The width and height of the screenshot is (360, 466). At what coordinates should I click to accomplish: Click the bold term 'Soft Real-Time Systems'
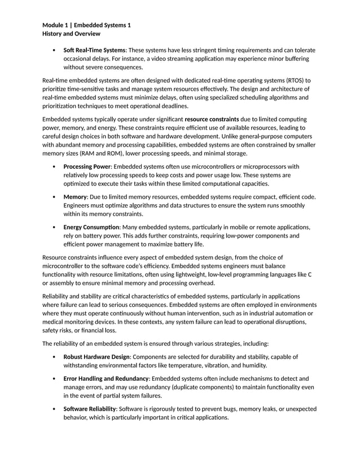[x=94, y=50]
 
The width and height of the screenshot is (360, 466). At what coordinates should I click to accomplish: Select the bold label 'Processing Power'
[x=87, y=166]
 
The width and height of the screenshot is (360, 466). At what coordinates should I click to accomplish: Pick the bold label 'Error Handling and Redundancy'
[x=106, y=378]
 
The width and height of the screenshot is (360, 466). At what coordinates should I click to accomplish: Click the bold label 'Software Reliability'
[x=90, y=408]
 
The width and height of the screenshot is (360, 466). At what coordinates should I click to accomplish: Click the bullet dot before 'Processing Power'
[x=54, y=166]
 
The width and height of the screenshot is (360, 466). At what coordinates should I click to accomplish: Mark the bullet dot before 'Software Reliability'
[x=54, y=408]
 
